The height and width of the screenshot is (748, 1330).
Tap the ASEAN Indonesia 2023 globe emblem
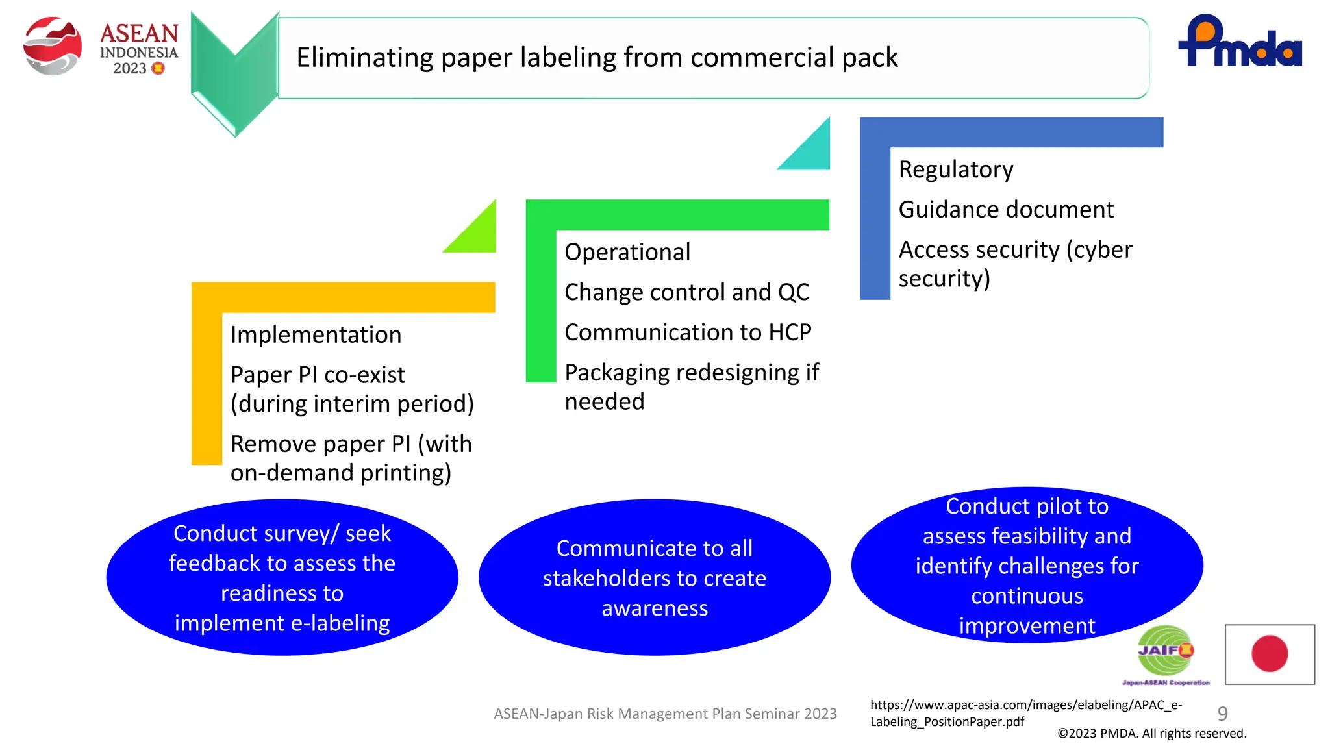[x=52, y=45]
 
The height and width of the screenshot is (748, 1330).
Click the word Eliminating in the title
[x=364, y=58]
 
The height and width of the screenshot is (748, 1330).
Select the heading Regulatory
[x=955, y=169]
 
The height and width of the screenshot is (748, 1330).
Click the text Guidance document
[x=1005, y=210]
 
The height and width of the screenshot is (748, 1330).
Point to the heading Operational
[x=627, y=252]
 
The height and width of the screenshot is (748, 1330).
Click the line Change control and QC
[x=686, y=292]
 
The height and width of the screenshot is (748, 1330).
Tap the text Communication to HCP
[x=687, y=332]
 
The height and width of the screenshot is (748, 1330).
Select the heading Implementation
[x=316, y=335]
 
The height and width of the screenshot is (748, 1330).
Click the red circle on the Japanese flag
[x=1269, y=653]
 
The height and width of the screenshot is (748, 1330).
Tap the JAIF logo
[x=1165, y=652]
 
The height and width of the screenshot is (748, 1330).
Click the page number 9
[x=1222, y=714]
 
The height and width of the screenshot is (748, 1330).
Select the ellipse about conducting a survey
[x=282, y=577]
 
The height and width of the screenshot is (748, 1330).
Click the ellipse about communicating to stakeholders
[x=654, y=577]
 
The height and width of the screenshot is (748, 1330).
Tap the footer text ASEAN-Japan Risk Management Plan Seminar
[x=664, y=714]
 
